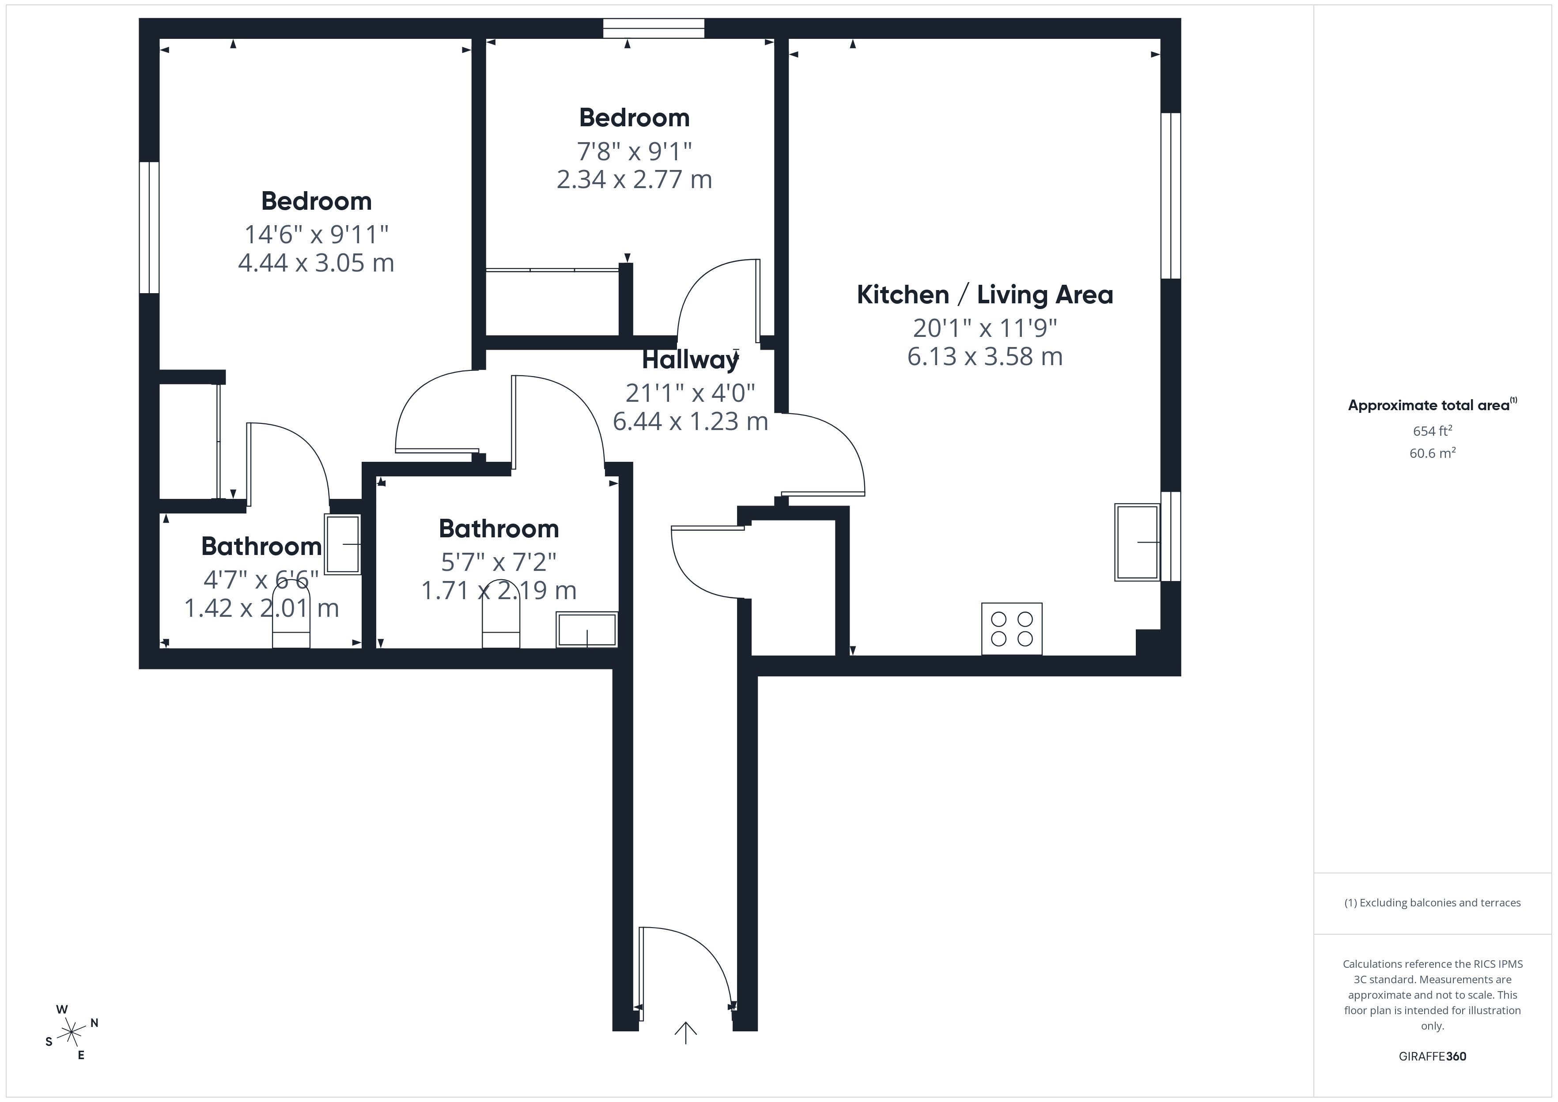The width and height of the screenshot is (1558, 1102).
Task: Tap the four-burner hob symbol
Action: (1011, 629)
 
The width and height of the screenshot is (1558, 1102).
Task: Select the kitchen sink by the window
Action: (1137, 542)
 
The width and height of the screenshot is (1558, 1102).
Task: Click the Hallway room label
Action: (689, 360)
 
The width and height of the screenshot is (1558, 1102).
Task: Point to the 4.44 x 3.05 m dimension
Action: (316, 263)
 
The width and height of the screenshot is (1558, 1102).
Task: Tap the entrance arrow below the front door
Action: (685, 1033)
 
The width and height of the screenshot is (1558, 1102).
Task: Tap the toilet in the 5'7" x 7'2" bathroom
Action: (501, 624)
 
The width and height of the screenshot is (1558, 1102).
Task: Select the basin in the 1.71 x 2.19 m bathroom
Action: (586, 630)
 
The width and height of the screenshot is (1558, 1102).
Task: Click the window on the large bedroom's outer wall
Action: (149, 227)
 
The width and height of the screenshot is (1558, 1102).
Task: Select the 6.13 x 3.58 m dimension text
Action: (985, 357)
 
